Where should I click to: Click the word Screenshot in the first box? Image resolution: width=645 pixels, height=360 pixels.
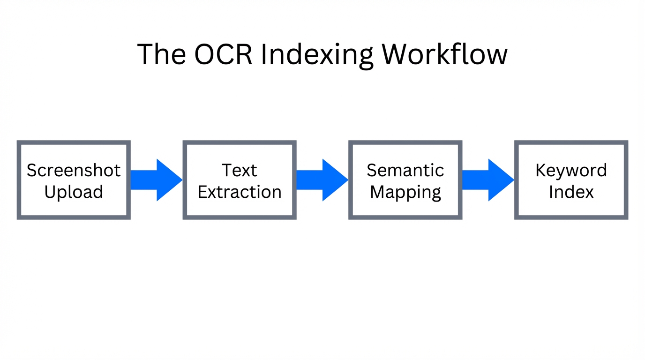[74, 170]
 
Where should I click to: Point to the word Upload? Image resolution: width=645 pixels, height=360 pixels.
[74, 192]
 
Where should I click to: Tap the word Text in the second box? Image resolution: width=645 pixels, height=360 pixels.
[240, 170]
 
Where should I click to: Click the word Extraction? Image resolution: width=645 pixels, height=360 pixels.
[240, 192]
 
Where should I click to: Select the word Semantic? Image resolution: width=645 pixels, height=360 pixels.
[405, 170]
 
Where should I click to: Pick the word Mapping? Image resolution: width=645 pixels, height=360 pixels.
[405, 192]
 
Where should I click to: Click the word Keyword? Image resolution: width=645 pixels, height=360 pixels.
[571, 170]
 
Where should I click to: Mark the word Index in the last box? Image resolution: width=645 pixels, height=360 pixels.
[571, 192]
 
